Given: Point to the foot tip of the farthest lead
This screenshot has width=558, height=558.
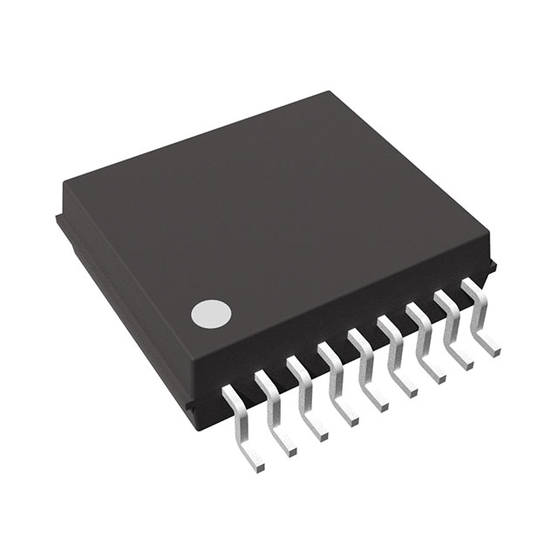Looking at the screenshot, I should pos(495,349).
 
